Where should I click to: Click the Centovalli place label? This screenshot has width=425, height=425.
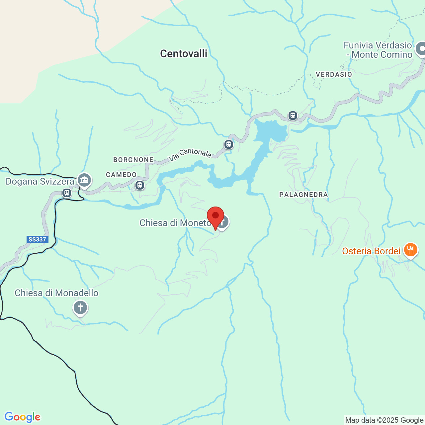[184, 53]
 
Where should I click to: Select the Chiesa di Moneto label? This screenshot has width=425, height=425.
[175, 223]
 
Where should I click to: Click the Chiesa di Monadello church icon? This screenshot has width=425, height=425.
[80, 307]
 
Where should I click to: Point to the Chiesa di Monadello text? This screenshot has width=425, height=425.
[56, 293]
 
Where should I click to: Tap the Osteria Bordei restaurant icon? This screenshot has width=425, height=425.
[411, 250]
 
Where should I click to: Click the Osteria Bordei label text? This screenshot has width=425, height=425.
[371, 251]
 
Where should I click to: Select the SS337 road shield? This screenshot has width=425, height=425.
[38, 239]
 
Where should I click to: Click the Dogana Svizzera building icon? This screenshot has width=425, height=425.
[84, 180]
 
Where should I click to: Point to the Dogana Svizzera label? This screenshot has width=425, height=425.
[40, 182]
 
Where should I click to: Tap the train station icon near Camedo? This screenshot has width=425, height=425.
[140, 185]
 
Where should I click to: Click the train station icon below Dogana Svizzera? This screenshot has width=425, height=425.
[67, 193]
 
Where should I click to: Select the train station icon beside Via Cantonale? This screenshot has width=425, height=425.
[228, 144]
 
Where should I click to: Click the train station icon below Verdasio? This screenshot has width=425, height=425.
[293, 115]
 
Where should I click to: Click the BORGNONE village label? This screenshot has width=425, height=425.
[133, 160]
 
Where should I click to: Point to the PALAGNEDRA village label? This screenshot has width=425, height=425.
[303, 195]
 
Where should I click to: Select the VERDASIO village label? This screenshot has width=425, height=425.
[334, 74]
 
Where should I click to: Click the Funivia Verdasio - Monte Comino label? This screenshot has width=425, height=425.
[378, 50]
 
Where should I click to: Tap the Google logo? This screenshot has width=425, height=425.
[22, 417]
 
